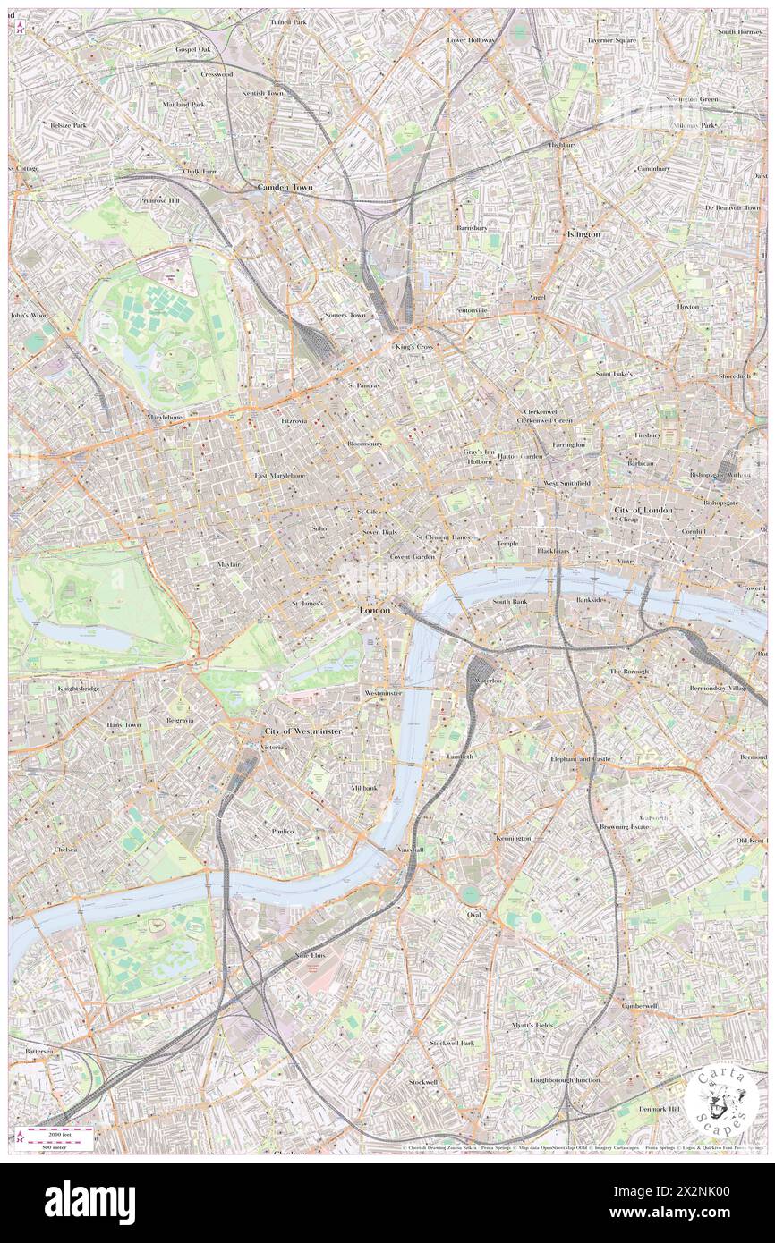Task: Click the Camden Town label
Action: click(285, 188)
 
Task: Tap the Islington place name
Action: click(583, 233)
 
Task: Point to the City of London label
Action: click(643, 510)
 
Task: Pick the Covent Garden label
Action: click(412, 557)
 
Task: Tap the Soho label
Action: click(319, 529)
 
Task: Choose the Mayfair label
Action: click(228, 565)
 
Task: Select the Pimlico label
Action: click(283, 831)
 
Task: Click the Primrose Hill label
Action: click(159, 200)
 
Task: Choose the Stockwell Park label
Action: click(451, 1044)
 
